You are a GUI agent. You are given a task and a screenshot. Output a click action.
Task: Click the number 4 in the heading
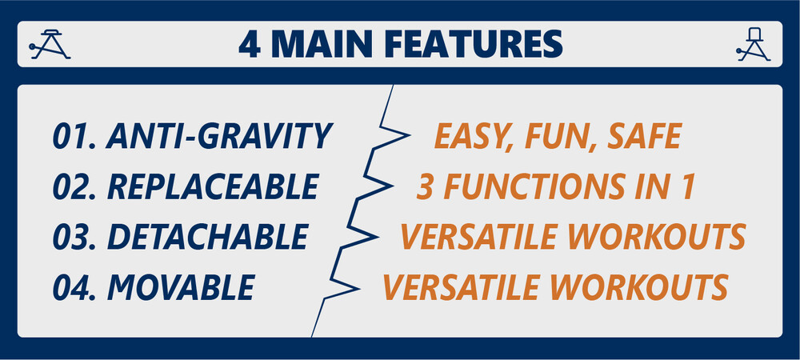250,44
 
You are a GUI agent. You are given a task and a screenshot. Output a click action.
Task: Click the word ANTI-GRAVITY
219,136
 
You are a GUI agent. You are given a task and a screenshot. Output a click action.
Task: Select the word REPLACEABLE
214,186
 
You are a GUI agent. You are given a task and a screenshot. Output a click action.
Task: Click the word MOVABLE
181,287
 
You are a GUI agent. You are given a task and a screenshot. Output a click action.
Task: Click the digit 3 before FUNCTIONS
426,186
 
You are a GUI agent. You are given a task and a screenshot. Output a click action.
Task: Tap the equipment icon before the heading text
49,44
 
